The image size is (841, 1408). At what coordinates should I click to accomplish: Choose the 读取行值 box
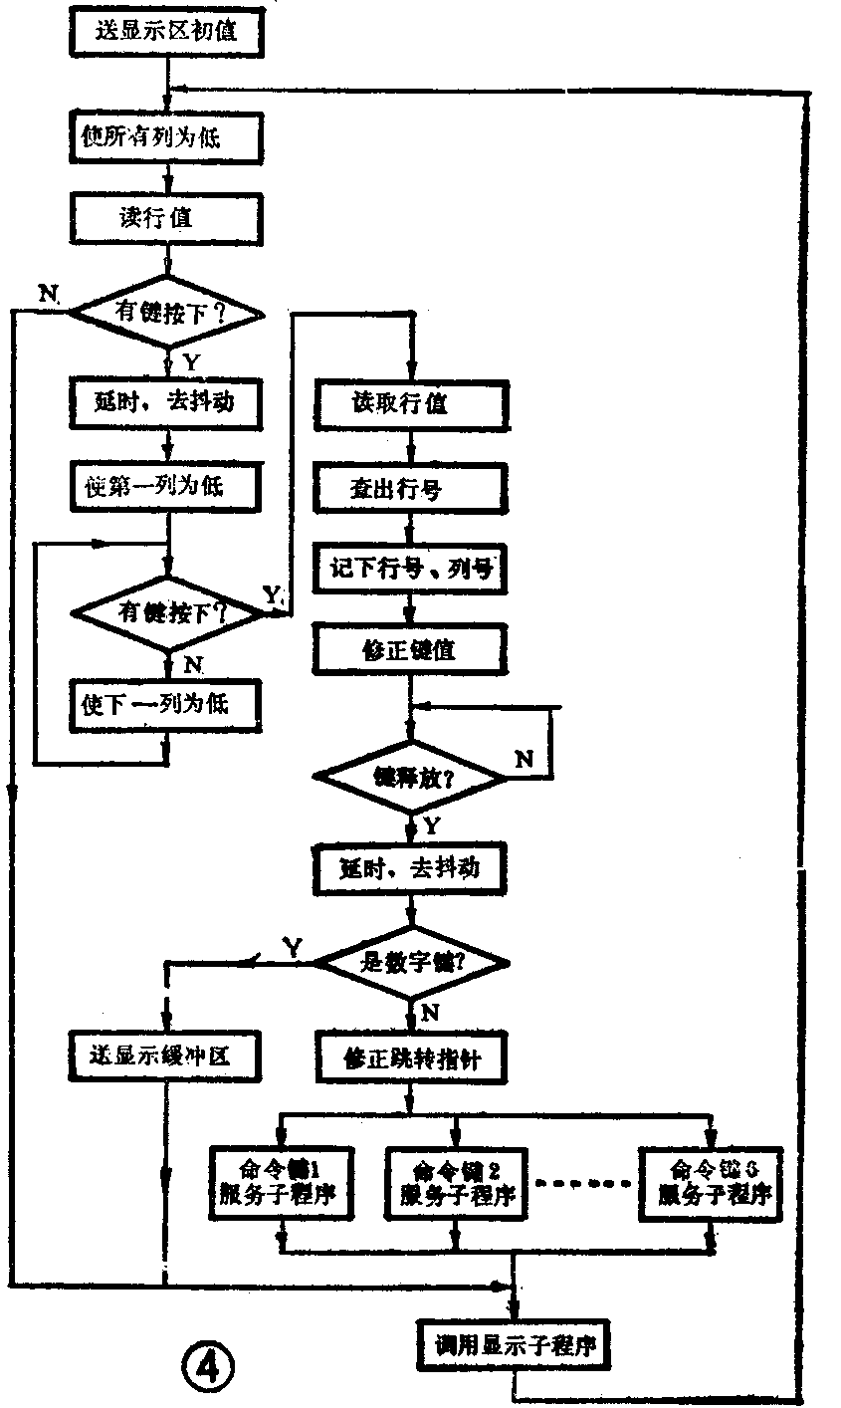[411, 403]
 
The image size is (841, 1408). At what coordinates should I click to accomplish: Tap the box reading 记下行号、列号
[411, 569]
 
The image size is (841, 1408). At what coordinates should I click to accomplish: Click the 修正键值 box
[411, 650]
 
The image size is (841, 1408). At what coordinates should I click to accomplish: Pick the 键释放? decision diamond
[411, 778]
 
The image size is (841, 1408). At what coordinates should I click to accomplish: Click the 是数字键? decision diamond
[411, 963]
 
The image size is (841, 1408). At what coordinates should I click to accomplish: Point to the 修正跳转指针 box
[411, 1057]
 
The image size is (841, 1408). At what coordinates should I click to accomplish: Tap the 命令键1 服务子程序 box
[283, 1181]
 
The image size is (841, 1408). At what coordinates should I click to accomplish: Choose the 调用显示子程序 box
[513, 1346]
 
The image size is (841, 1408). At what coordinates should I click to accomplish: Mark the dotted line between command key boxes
[583, 1183]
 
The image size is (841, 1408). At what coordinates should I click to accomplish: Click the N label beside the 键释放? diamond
[525, 759]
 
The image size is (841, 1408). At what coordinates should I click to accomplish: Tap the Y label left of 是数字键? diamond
[294, 943]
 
